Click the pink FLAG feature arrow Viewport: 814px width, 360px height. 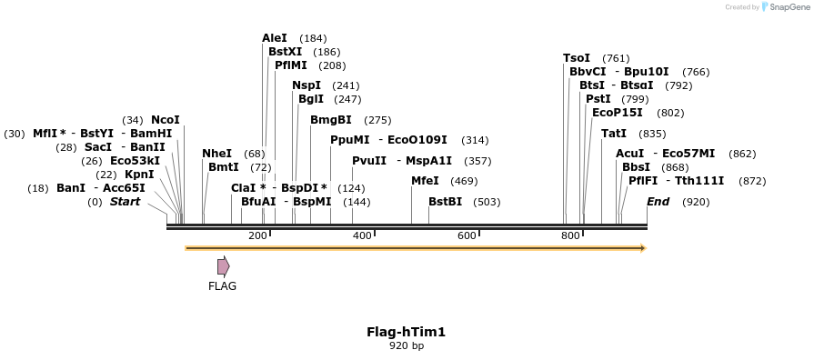223,266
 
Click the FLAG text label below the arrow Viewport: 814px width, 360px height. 222,286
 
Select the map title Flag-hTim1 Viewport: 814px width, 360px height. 406,332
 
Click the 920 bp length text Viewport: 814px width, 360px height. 406,346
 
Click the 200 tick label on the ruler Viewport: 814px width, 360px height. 257,236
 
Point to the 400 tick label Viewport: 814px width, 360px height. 362,236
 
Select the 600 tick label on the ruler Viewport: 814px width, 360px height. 467,236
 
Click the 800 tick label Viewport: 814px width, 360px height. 571,236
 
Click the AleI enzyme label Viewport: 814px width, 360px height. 275,38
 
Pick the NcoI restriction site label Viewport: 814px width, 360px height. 166,120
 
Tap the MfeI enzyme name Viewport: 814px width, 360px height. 425,181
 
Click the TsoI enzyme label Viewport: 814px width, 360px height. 577,58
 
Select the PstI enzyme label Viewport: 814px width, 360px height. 598,99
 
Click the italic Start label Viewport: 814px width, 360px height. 126,202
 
